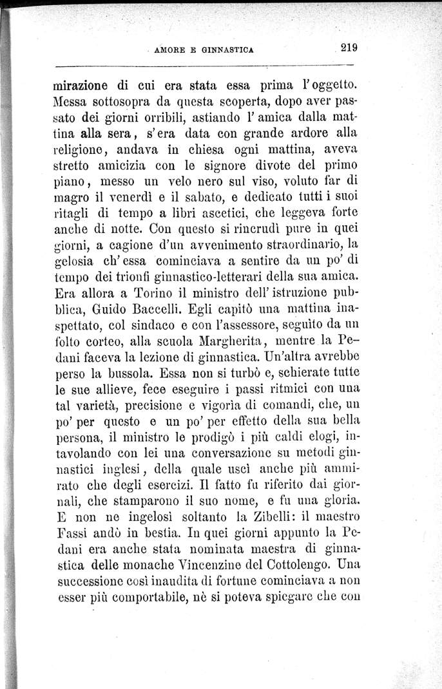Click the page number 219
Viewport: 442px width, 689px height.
[x=349, y=46]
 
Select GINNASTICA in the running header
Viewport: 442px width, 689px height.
[x=227, y=48]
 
